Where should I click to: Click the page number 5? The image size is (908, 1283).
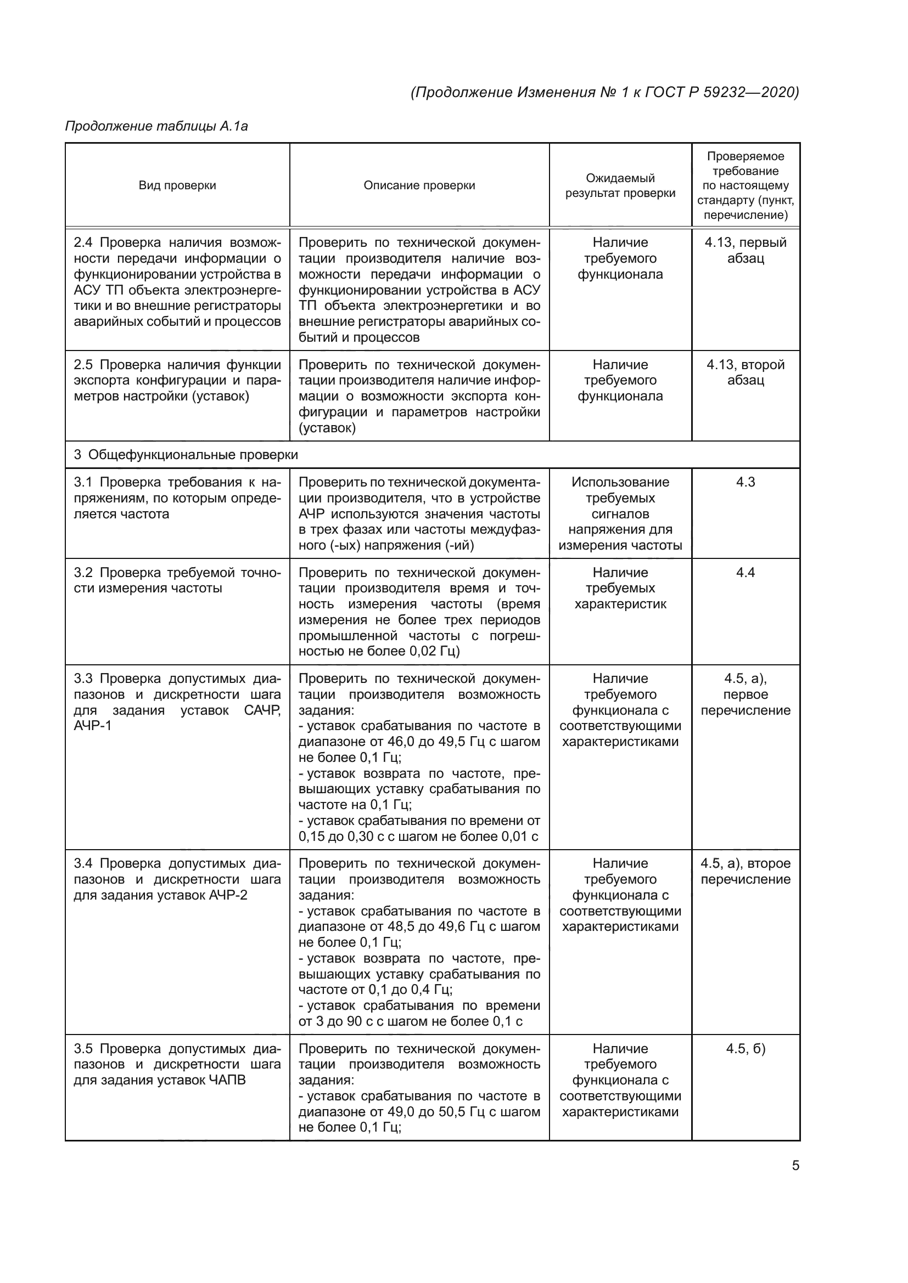coord(795,1165)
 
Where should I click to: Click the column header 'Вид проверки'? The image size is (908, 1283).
coord(177,185)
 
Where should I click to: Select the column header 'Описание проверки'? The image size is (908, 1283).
coord(419,185)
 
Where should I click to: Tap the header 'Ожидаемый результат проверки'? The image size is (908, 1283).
coord(620,185)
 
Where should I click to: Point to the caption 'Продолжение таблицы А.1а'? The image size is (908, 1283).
coord(156,126)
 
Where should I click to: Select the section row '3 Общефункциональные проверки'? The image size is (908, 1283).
coord(186,455)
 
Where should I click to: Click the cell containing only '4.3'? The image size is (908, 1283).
coord(746,482)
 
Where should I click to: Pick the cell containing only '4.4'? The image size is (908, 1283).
coord(746,573)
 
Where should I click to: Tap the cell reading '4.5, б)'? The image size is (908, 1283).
coord(746,1049)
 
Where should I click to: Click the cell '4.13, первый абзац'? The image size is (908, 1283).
coord(746,250)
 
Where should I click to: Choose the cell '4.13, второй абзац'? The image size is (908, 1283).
coord(746,372)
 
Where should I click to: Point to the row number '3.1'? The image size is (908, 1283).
coord(84,482)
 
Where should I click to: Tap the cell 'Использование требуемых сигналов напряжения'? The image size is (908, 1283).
coord(620,513)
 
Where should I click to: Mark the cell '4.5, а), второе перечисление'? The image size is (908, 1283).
coord(746,871)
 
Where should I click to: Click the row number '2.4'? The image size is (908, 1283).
coord(84,242)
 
